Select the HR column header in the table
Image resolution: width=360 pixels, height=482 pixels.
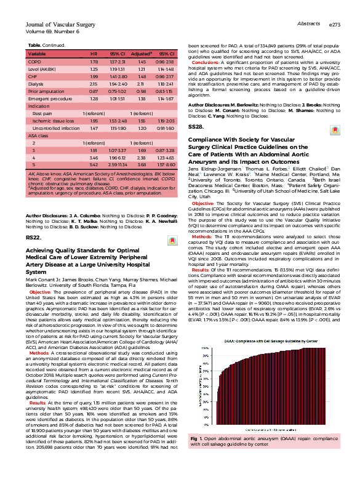[x=94, y=54]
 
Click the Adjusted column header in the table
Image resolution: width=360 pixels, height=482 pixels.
[x=141, y=54]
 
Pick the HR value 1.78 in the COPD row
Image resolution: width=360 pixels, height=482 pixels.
[x=94, y=63]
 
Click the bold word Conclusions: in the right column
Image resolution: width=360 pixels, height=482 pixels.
[x=206, y=63]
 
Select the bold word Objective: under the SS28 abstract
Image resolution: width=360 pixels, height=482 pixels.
[x=204, y=185]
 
